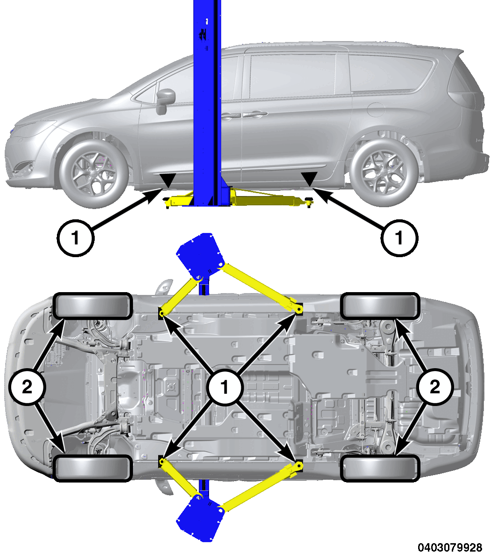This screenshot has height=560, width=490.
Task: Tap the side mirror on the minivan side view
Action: click(x=165, y=100)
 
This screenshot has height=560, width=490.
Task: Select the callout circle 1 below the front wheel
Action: click(x=76, y=238)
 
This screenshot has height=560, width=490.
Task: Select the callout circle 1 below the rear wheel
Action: click(x=399, y=238)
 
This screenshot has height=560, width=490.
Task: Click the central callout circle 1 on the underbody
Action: click(x=226, y=386)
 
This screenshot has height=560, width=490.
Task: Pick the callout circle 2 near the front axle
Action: click(x=27, y=386)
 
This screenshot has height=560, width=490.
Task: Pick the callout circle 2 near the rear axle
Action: click(x=434, y=386)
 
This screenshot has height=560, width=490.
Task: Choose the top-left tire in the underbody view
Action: click(x=92, y=307)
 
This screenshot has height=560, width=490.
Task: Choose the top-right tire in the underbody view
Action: click(x=379, y=307)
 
